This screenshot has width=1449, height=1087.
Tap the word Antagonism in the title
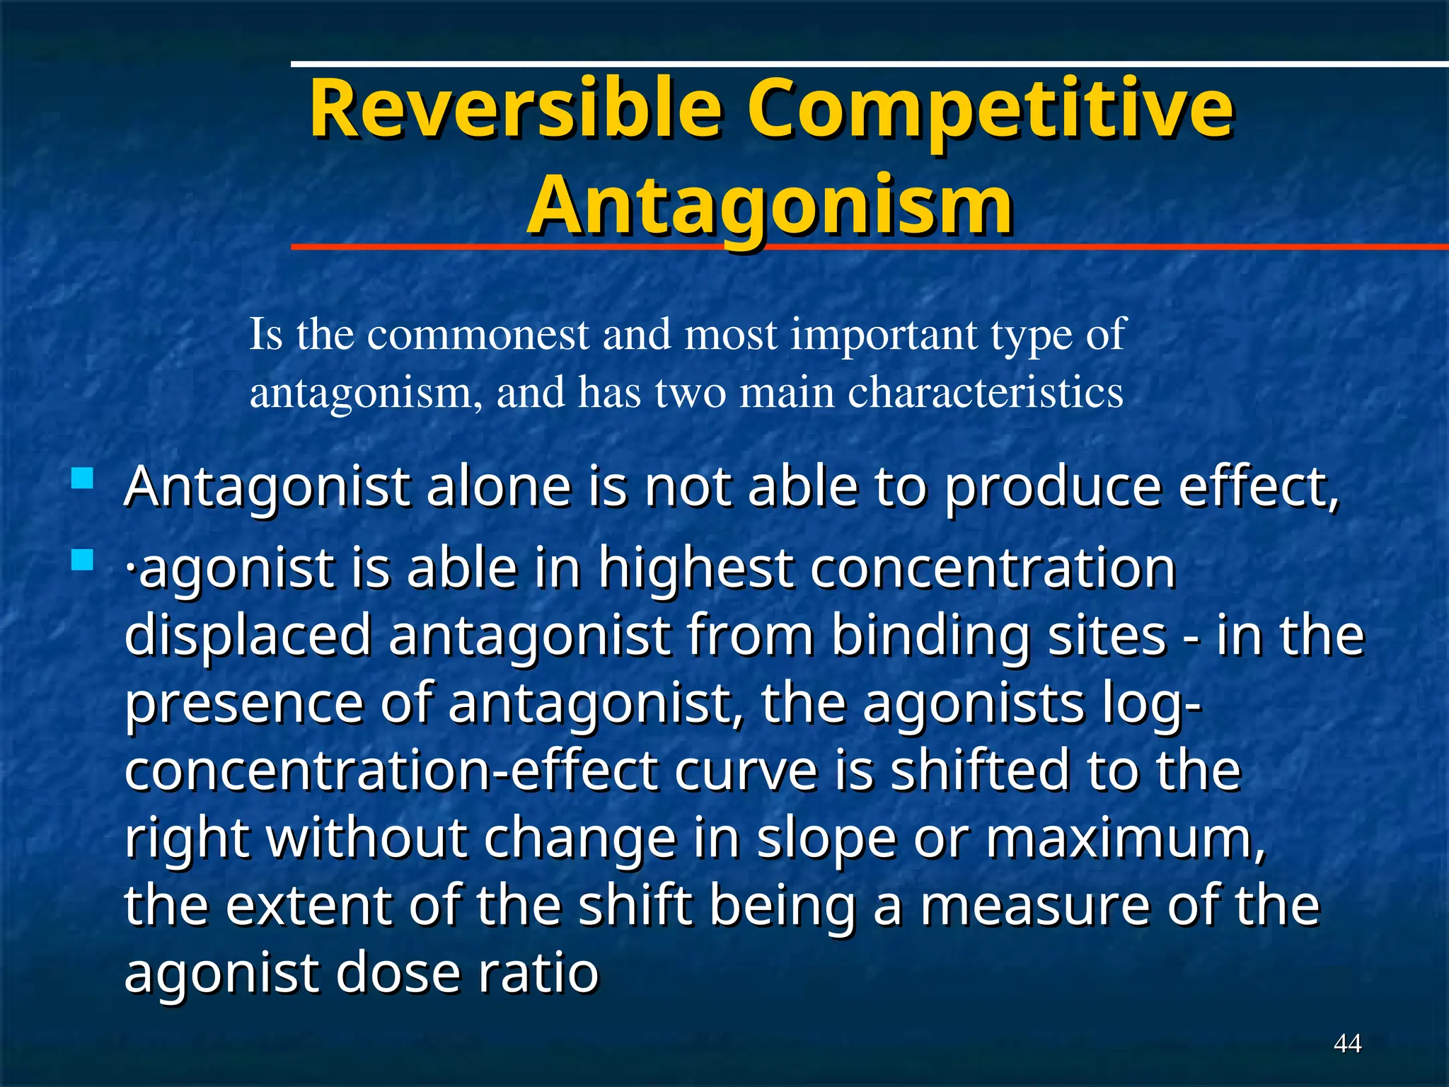(770, 205)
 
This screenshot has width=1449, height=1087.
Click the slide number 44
(1347, 1043)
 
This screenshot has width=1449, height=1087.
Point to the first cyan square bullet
(83, 479)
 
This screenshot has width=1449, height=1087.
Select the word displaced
(248, 635)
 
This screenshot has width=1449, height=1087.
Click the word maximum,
(1126, 838)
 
